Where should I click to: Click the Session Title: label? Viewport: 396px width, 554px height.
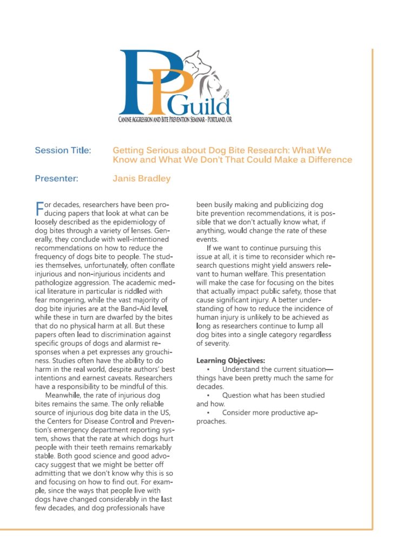point(63,150)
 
